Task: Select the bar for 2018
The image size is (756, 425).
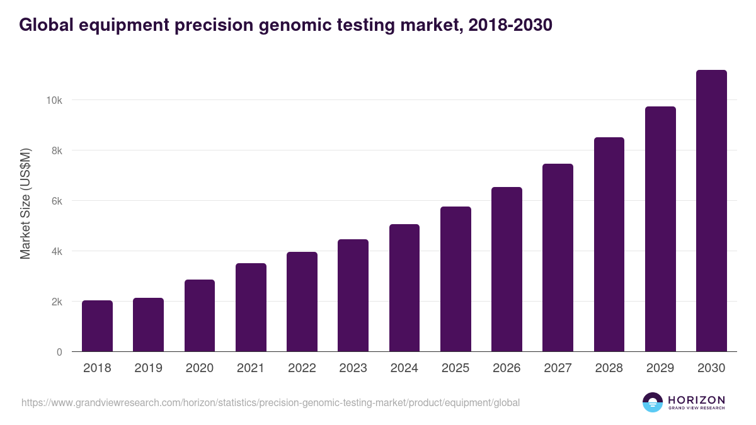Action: (97, 326)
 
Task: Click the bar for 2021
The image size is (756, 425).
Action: (251, 307)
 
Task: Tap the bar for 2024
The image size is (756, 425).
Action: (404, 288)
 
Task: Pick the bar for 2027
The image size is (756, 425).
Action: (558, 258)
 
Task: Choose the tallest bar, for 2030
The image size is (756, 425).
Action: (711, 211)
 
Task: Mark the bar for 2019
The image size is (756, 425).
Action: (148, 325)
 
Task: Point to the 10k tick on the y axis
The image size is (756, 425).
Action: (54, 100)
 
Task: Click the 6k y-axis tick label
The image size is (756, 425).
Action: (56, 201)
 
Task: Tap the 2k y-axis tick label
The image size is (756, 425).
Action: (56, 302)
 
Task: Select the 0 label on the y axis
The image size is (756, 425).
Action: (59, 352)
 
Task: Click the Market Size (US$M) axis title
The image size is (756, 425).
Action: (25, 203)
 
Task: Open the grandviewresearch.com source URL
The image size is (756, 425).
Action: (270, 402)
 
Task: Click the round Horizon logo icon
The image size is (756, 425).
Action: (653, 402)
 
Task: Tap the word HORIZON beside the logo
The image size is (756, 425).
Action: (696, 400)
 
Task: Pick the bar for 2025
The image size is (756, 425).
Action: (455, 279)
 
